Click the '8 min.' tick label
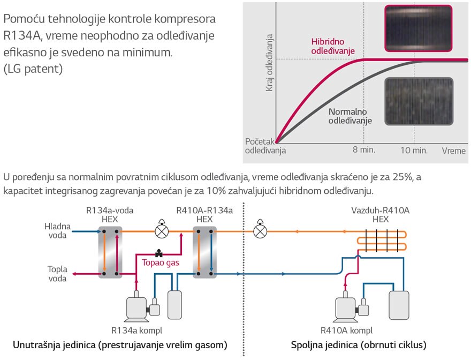tap(364, 151)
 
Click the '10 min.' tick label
tap(414, 151)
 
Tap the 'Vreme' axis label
tap(454, 151)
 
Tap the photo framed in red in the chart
tap(418, 27)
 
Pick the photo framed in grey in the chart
tap(419, 102)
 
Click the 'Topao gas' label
tap(160, 263)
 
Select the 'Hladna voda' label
tap(57, 231)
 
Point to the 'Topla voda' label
tap(57, 273)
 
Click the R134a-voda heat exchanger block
tap(110, 252)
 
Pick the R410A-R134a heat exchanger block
tap(204, 252)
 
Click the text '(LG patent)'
tap(34, 69)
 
